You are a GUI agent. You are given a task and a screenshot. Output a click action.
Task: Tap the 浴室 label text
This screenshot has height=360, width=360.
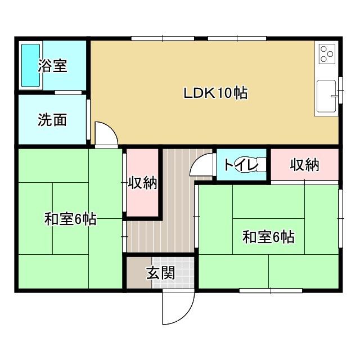53,66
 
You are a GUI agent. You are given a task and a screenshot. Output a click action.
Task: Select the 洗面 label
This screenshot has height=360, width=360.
52,120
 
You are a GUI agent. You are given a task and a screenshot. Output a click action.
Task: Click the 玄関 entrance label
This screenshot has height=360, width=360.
160,273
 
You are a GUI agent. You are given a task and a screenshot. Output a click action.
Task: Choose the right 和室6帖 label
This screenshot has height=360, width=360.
268,237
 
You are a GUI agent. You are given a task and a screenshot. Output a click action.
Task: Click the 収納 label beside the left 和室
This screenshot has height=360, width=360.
142,183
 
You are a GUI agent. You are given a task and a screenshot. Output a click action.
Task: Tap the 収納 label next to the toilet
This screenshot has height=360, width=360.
305,165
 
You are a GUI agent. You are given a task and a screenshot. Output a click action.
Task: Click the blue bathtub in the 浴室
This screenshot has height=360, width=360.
30,65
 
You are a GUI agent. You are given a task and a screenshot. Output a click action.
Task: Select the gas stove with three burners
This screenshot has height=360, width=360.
327,54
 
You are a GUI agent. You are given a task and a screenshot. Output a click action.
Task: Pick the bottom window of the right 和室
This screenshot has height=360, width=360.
271,290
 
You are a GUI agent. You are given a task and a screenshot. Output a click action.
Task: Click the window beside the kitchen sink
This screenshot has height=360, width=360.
340,90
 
